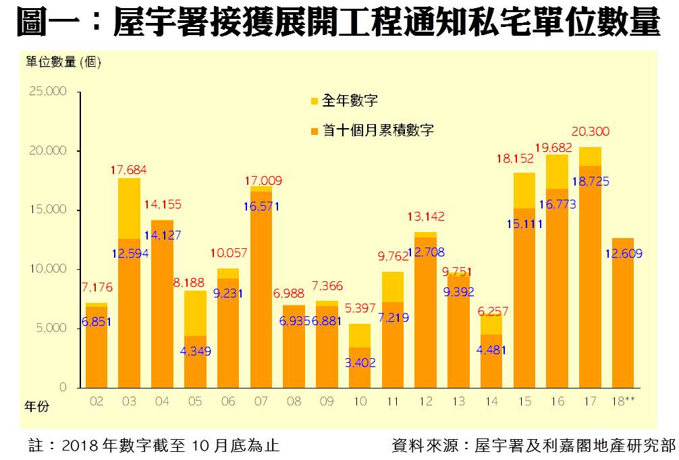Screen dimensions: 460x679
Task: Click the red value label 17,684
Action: [129, 170]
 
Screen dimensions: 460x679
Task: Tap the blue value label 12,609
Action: [624, 254]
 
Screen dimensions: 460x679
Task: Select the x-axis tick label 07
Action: [261, 401]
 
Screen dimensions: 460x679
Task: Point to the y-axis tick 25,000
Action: [48, 91]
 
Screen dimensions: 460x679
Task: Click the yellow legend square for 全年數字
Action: [314, 102]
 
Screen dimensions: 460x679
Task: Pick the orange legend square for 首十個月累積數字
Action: [314, 131]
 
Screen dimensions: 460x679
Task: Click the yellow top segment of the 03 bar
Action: [129, 208]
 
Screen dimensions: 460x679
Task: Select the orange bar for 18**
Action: [624, 317]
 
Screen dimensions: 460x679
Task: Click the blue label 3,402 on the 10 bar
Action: [360, 362]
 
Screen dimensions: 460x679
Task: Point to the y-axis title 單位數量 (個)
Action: [63, 63]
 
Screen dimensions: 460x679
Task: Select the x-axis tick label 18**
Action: [623, 401]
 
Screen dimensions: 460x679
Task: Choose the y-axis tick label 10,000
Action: [48, 269]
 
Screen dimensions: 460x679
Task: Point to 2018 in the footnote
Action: [80, 447]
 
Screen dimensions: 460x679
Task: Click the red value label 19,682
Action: [558, 146]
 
